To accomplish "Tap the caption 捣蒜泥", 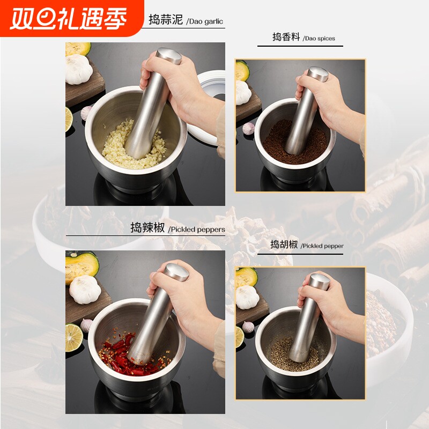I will (x=166, y=20).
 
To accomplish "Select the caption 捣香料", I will (x=286, y=38).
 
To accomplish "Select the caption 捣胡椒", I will (x=284, y=245).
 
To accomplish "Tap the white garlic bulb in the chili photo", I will (x=84, y=290).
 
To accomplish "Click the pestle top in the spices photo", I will (x=317, y=74).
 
